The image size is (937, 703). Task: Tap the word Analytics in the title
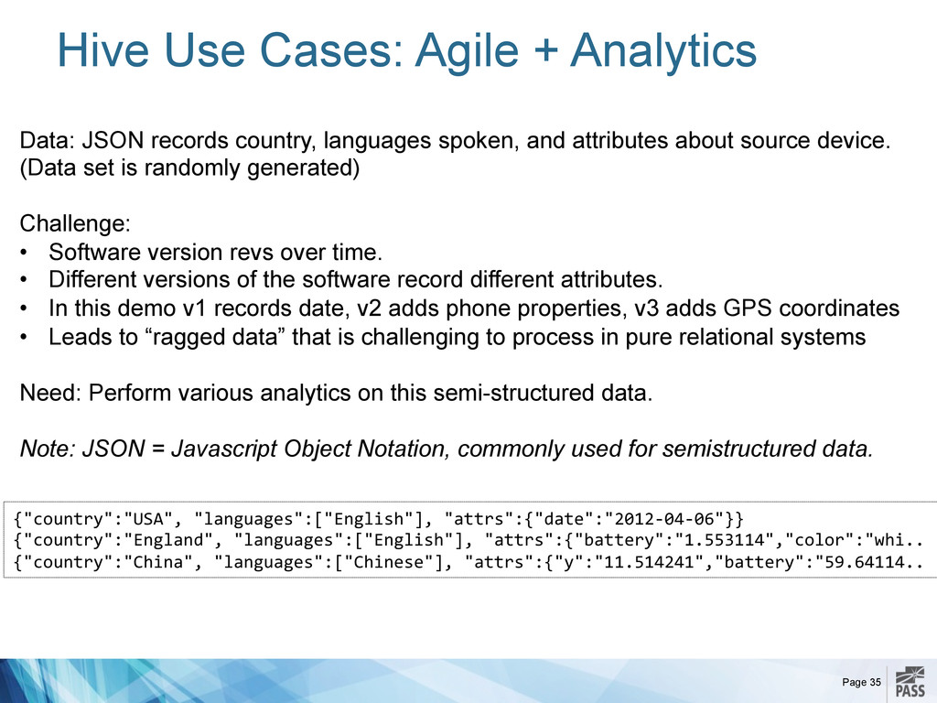click(x=663, y=52)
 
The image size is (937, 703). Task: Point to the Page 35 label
click(x=861, y=682)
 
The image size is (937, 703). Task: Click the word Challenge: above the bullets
click(x=75, y=224)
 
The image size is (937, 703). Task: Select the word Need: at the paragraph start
click(x=50, y=393)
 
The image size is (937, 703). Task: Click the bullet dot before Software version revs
click(x=24, y=253)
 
